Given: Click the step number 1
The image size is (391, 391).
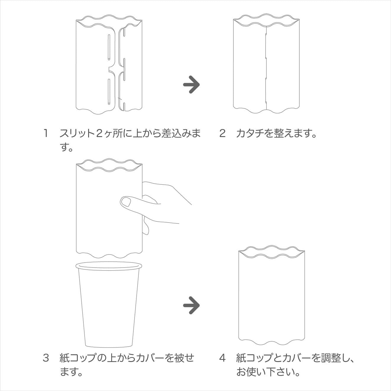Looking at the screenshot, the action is (x=46, y=133).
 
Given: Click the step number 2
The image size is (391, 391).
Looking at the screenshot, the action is (x=222, y=133).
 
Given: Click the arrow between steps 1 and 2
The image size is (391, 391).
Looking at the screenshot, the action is (x=191, y=85).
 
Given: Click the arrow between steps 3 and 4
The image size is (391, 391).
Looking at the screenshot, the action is (x=191, y=305).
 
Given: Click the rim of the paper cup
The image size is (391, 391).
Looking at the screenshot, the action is (x=109, y=266).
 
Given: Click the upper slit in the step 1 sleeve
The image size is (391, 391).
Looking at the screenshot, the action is (x=109, y=47).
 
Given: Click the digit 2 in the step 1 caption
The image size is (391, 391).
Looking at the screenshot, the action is (x=99, y=133).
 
